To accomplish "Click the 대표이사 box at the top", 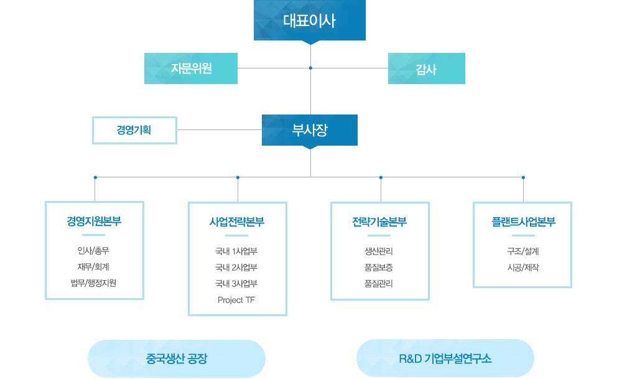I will (309, 21).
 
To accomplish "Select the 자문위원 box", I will (191, 68).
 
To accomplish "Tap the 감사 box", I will (426, 69).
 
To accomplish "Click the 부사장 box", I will (309, 130).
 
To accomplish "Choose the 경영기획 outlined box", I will (134, 130).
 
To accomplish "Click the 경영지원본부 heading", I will (95, 222).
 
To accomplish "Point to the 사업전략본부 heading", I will (237, 222).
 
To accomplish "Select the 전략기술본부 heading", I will (379, 222).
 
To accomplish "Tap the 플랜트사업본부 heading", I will (522, 222).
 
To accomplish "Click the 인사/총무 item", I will (94, 251).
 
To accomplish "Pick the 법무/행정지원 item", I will (94, 284).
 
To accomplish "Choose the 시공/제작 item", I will (522, 268).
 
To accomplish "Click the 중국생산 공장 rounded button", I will (177, 358).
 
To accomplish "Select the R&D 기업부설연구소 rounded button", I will (445, 358).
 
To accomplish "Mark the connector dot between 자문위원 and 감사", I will (310, 68).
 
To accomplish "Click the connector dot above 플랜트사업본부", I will (523, 177).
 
